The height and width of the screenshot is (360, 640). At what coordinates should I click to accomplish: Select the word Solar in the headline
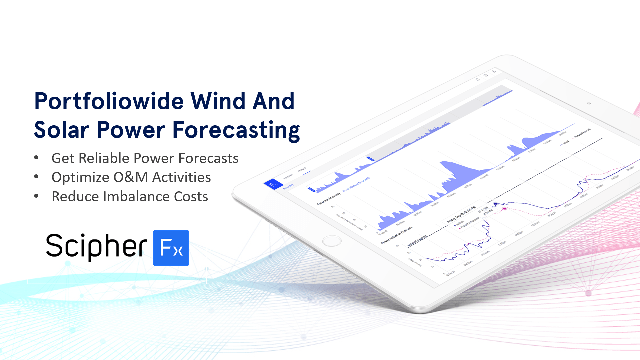tap(62, 130)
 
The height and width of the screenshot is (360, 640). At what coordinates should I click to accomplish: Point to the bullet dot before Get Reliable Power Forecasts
tap(36, 158)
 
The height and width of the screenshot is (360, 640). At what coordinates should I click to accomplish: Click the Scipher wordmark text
tap(96, 247)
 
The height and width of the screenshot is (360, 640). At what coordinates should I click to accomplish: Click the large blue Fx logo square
tap(171, 248)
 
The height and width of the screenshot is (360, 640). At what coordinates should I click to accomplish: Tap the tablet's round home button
tap(332, 241)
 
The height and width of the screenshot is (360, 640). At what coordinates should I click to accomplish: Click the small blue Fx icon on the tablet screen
tap(273, 184)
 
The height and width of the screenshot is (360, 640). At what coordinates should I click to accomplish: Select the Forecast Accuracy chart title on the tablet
tap(328, 198)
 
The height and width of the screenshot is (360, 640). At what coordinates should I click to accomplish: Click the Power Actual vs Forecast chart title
tap(396, 235)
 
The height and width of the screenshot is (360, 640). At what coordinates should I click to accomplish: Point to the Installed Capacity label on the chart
tap(417, 241)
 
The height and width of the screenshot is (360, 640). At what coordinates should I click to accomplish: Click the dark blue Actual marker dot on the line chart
tap(496, 204)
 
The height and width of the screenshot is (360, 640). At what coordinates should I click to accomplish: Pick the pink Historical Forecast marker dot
tap(504, 209)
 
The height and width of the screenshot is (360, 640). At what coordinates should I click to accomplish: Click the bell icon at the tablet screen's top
tap(477, 79)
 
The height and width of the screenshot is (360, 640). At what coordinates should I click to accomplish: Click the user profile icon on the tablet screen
tap(494, 71)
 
